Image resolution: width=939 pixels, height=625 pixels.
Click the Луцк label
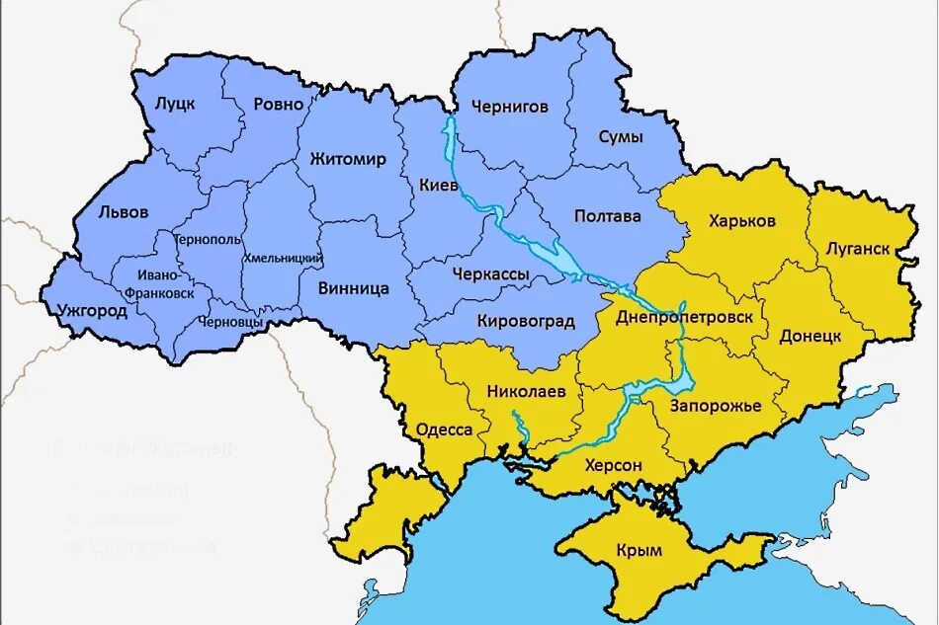[176, 104]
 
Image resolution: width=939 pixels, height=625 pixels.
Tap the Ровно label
[279, 105]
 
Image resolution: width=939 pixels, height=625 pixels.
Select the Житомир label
[348, 159]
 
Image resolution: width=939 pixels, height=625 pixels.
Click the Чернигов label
[509, 107]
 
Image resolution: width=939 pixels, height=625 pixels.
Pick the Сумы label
[621, 137]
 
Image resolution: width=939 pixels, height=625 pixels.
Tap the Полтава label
[607, 216]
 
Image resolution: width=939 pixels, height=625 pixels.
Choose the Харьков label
[742, 220]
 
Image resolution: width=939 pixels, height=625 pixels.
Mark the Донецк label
[810, 336]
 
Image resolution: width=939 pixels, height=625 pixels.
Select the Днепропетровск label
[684, 318]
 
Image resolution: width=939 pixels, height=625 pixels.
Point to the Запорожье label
[715, 406]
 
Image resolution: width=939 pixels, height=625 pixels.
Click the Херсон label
[613, 465]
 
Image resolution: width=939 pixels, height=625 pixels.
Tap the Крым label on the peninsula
[639, 550]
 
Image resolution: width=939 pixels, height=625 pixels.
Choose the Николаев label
[526, 391]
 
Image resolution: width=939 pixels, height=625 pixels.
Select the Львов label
[124, 212]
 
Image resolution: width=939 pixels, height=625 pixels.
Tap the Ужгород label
[93, 311]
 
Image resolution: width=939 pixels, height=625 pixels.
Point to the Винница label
[354, 289]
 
